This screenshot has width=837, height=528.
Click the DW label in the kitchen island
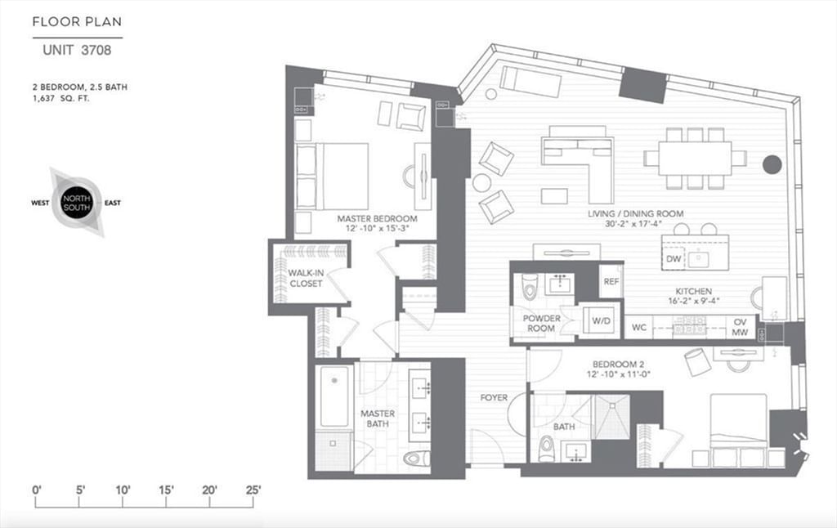coord(674,259)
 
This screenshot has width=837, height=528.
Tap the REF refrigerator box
coord(611,281)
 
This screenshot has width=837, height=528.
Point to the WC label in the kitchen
coord(640,328)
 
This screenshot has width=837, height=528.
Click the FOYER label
coord(494,398)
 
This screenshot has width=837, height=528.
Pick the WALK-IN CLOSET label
coord(304,278)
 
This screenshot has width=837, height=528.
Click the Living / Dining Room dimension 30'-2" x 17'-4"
coord(636,226)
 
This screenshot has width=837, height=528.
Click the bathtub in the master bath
coord(333,396)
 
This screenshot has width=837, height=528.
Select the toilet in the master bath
coord(416,459)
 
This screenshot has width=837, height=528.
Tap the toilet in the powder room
coord(529,285)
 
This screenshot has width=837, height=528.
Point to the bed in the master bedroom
coord(332,177)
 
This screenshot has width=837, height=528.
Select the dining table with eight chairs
coord(695,158)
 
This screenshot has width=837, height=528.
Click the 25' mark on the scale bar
coord(253,490)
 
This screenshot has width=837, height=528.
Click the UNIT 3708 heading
coord(77,50)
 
